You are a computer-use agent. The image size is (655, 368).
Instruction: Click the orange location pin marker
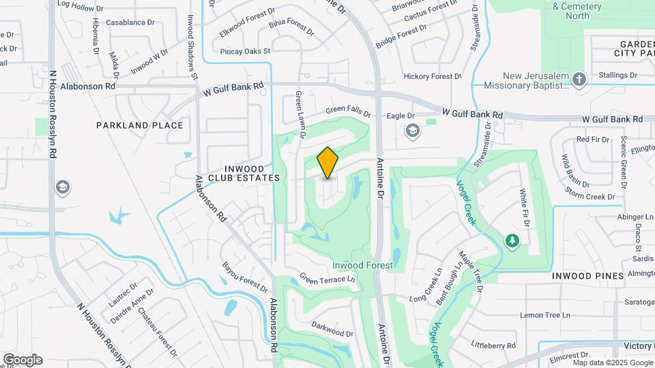327,162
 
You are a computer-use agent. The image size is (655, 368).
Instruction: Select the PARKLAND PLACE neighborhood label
139,125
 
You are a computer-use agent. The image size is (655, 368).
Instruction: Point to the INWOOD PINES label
587,276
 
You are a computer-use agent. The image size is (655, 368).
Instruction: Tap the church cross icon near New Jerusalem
579,80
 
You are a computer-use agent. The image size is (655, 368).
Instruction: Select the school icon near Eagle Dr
412,130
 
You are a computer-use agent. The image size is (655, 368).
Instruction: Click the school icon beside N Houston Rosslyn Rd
63,187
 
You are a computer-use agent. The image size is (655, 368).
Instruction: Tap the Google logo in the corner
23,360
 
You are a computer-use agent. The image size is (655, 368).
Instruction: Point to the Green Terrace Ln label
328,280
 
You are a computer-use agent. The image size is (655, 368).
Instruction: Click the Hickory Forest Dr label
433,76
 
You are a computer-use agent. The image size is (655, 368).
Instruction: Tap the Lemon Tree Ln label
544,315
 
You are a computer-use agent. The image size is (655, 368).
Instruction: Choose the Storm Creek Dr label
589,197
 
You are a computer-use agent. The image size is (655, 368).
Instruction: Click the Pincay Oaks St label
246,51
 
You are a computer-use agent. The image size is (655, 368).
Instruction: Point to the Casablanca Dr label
130,22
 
